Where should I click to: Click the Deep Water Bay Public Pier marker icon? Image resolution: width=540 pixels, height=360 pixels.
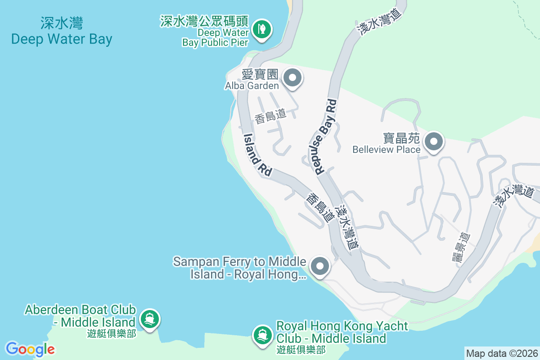click(x=260, y=30)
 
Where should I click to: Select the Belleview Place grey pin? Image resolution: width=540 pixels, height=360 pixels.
click(x=434, y=142)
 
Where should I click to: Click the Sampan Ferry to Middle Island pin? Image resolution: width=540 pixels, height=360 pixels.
click(x=320, y=266)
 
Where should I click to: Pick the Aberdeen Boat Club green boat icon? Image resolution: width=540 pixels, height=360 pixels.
click(x=149, y=319)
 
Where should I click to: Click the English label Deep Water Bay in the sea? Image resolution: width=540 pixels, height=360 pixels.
click(x=62, y=39)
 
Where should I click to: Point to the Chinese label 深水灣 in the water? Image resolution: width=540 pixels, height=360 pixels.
click(x=62, y=23)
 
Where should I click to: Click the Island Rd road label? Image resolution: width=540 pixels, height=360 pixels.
click(x=258, y=155)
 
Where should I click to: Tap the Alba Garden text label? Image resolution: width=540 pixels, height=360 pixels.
click(x=252, y=85)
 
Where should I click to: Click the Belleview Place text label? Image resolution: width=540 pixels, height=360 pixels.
click(x=387, y=149)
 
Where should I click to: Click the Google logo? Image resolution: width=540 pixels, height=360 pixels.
click(x=30, y=349)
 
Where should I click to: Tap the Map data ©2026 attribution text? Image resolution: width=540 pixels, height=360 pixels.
click(x=502, y=354)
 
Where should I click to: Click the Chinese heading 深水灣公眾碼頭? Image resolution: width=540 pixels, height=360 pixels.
click(x=205, y=21)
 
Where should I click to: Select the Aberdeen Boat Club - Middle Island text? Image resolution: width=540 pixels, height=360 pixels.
click(x=80, y=316)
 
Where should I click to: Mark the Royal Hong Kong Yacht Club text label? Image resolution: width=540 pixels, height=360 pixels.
click(x=342, y=332)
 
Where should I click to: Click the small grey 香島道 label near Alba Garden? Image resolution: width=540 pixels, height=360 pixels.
click(x=270, y=116)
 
